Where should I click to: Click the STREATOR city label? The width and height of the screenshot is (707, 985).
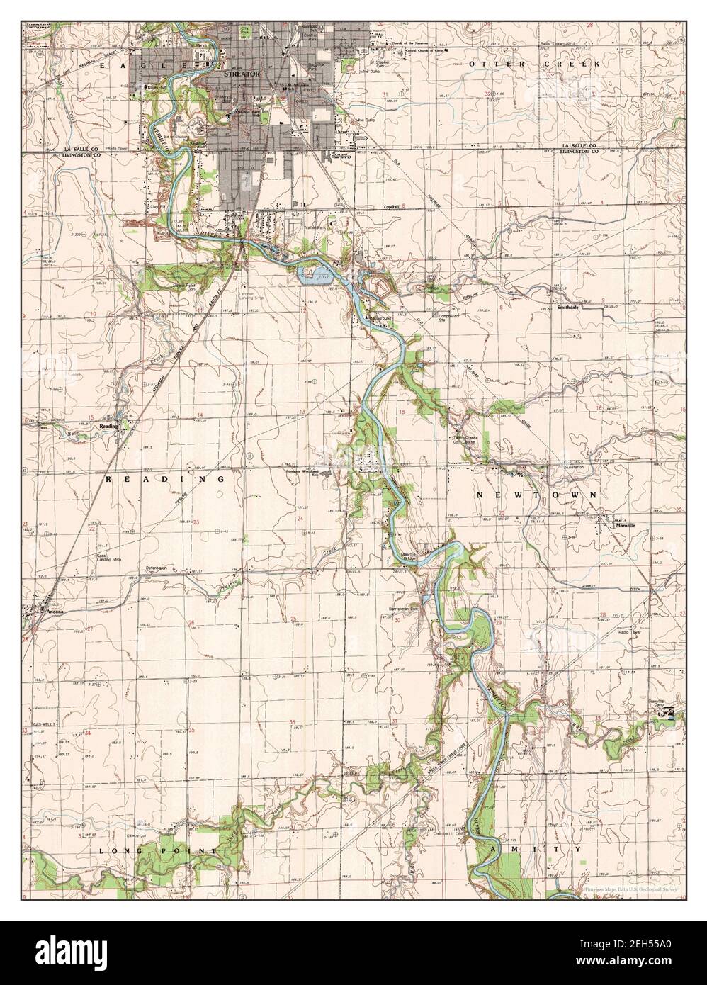click(242, 73)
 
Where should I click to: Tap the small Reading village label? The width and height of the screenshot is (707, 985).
click(108, 427)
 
